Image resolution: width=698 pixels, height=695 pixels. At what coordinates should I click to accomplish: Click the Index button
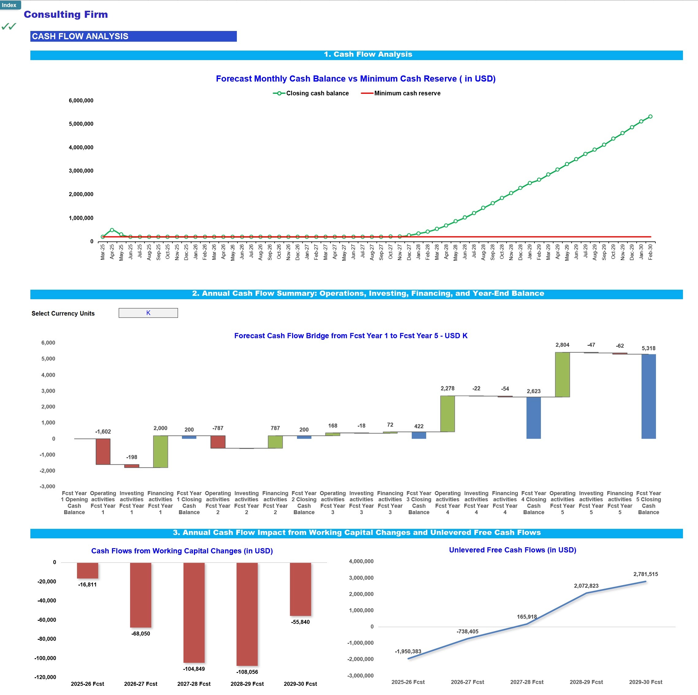(x=10, y=5)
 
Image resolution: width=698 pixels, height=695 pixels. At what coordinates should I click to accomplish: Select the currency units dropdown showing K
(x=148, y=313)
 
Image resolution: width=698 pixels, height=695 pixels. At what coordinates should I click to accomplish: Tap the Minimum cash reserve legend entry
(x=401, y=93)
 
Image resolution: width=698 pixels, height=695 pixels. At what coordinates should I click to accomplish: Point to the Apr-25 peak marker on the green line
(x=112, y=230)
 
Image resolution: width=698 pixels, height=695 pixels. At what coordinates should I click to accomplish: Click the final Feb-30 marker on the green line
(x=650, y=116)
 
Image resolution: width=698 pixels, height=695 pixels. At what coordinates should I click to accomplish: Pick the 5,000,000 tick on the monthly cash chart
(x=81, y=124)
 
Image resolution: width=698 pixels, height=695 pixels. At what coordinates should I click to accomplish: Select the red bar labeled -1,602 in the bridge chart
(x=103, y=451)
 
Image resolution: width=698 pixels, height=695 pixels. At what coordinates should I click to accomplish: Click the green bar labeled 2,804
(x=562, y=374)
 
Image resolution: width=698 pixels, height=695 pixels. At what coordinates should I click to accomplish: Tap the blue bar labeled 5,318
(x=649, y=396)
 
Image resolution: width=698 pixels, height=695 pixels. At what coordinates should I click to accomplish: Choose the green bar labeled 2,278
(x=448, y=414)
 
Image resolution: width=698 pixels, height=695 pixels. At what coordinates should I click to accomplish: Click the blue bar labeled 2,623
(x=534, y=418)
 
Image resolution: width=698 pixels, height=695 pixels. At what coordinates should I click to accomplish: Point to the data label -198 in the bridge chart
(x=132, y=457)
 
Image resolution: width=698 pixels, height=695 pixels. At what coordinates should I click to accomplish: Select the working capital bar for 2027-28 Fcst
(x=194, y=612)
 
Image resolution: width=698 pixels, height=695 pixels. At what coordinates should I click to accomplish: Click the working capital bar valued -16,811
(x=87, y=571)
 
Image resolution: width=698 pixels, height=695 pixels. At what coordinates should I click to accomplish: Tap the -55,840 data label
(x=300, y=622)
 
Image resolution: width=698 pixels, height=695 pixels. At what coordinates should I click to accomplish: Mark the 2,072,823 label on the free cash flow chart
(x=586, y=586)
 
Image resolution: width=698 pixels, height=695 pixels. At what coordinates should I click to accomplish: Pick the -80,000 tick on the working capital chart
(x=47, y=639)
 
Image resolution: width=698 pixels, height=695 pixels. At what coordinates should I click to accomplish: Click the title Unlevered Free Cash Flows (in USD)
(x=512, y=550)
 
